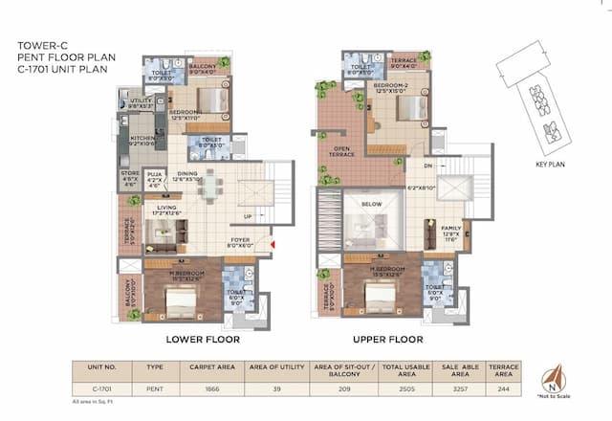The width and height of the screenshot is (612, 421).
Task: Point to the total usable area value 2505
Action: pos(406,389)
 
